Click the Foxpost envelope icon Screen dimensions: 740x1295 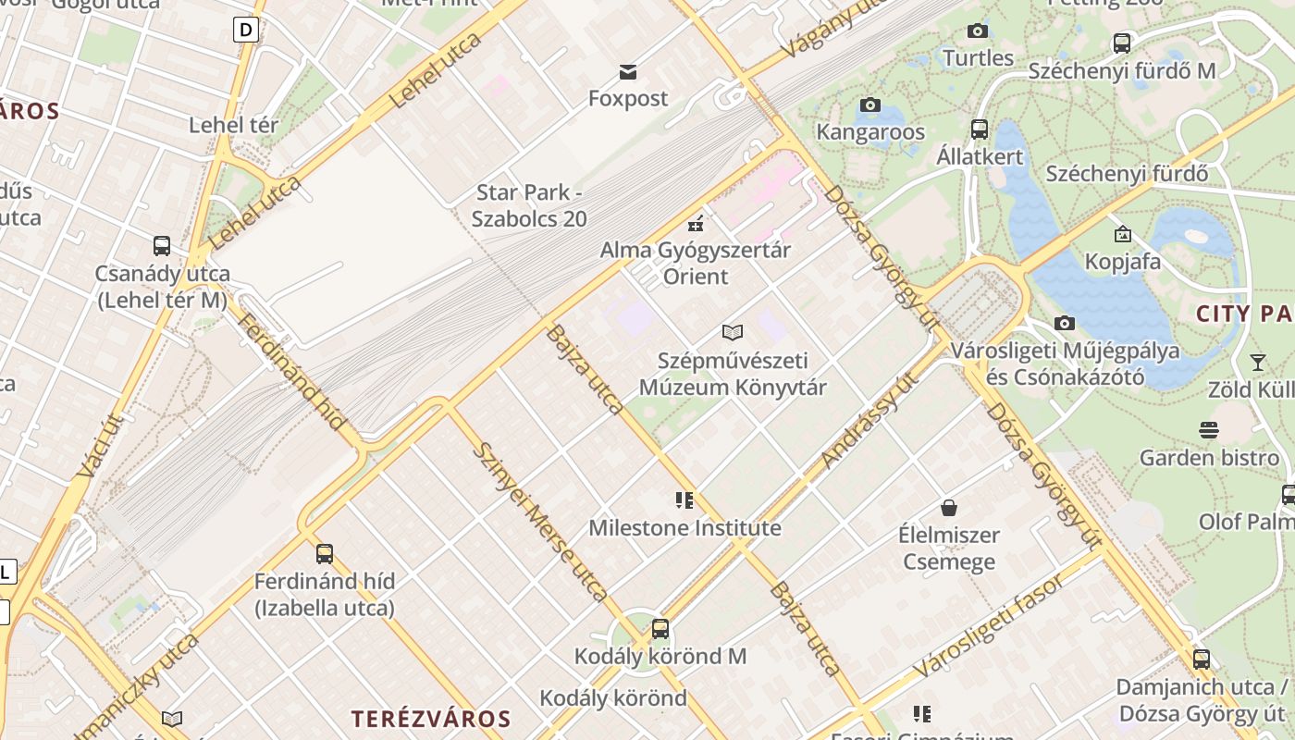[x=628, y=72]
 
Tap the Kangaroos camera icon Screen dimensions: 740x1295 [x=869, y=105]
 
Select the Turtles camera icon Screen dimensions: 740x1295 [x=977, y=31]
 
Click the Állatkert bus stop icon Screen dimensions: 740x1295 [x=980, y=129]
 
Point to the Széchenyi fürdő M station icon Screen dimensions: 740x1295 [x=1121, y=43]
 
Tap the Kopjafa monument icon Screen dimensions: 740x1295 [x=1122, y=235]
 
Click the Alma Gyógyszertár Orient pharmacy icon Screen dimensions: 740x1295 [x=696, y=223]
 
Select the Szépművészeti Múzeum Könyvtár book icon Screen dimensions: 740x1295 [x=733, y=332]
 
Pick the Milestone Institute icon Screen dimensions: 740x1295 [x=684, y=501]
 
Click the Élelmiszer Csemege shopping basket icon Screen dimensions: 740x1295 [x=948, y=508]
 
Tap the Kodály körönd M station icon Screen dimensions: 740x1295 [x=660, y=629]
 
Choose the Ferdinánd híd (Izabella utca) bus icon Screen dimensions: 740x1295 [x=324, y=554]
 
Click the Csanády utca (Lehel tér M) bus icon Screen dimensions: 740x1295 [x=162, y=246]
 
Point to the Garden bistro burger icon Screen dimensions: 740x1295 [x=1208, y=430]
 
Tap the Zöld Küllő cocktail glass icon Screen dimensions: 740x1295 [x=1257, y=362]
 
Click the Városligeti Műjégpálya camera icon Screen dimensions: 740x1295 [x=1065, y=324]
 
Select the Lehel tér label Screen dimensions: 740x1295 [x=233, y=125]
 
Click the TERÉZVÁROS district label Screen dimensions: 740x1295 [x=431, y=719]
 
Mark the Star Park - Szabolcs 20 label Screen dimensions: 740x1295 [x=530, y=205]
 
